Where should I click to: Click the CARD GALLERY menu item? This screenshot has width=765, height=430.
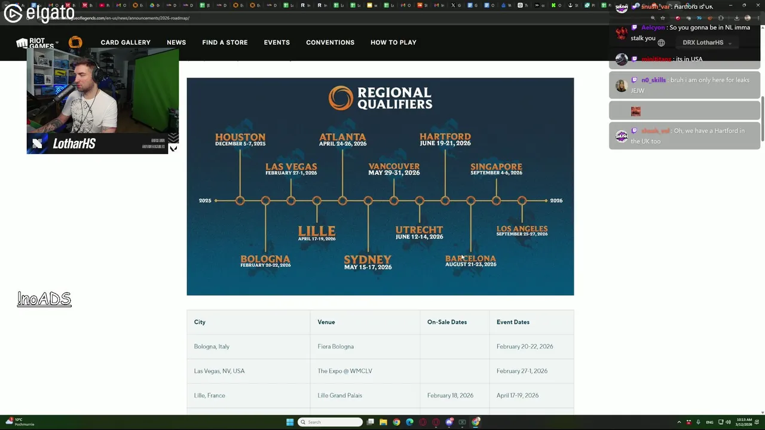click(x=126, y=42)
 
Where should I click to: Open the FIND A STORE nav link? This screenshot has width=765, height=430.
click(x=225, y=42)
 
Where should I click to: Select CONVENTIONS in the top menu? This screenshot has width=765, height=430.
click(x=330, y=42)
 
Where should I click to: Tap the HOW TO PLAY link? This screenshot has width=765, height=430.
click(x=393, y=42)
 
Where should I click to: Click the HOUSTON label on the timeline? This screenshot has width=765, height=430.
click(x=240, y=137)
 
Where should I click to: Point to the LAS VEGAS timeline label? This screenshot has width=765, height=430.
click(x=291, y=167)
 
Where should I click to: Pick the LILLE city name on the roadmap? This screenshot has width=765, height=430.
click(x=317, y=231)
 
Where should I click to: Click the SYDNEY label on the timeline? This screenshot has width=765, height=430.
click(x=368, y=259)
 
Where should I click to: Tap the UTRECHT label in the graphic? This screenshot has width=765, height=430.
click(x=419, y=230)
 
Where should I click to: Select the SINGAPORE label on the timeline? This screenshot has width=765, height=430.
click(x=496, y=167)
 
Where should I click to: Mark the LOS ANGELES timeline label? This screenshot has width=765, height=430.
click(x=522, y=229)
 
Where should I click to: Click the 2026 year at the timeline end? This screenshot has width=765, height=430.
click(x=556, y=201)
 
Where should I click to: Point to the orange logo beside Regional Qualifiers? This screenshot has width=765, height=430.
click(x=341, y=99)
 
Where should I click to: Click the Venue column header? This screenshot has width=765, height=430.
click(x=326, y=322)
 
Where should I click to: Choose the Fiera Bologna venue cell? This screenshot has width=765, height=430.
click(x=336, y=346)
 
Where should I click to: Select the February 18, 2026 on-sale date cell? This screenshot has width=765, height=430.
click(x=450, y=395)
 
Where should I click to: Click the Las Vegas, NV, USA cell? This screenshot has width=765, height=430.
click(x=219, y=371)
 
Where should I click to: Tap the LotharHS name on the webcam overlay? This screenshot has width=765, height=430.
click(x=74, y=144)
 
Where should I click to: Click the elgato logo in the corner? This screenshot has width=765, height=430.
click(x=39, y=13)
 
